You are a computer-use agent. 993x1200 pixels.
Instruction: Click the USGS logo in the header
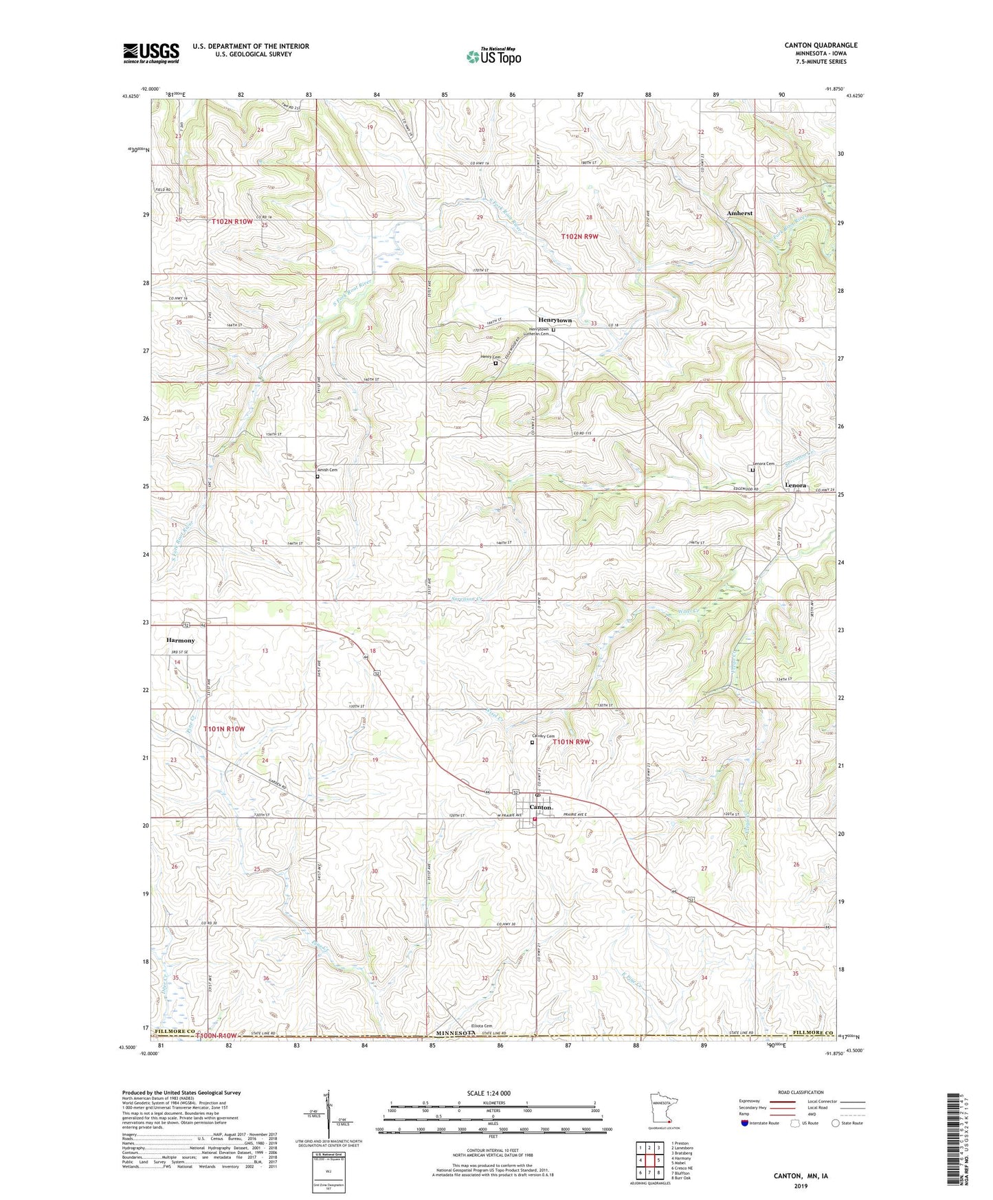click(151, 52)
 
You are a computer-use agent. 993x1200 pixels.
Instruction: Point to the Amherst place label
click(739, 213)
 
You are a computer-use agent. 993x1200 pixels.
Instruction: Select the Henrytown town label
click(555, 320)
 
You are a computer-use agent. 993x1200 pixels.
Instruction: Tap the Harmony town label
click(180, 640)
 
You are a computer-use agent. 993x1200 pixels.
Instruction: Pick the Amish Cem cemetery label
click(326, 470)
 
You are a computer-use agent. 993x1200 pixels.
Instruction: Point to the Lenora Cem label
click(763, 463)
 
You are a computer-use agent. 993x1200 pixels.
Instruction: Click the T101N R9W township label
click(570, 742)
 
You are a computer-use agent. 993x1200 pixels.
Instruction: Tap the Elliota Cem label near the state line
click(482, 1026)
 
